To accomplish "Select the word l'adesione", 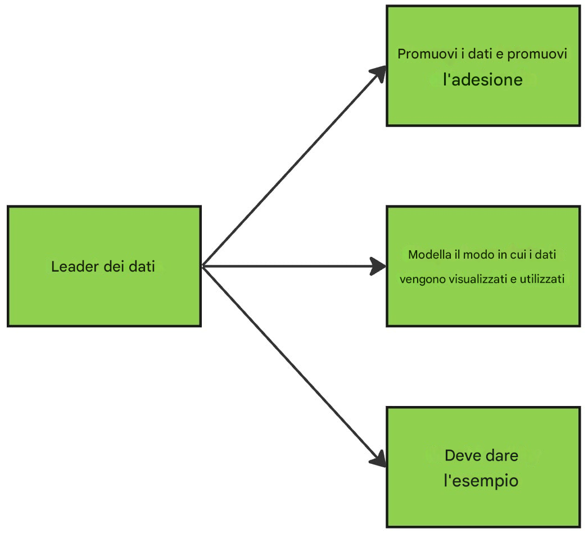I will [x=483, y=80].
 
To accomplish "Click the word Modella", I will [x=429, y=255].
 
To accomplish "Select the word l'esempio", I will [x=481, y=481].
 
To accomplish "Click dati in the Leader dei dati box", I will [x=141, y=267].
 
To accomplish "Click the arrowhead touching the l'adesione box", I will [x=379, y=73].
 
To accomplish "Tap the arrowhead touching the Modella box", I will [x=378, y=266].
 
